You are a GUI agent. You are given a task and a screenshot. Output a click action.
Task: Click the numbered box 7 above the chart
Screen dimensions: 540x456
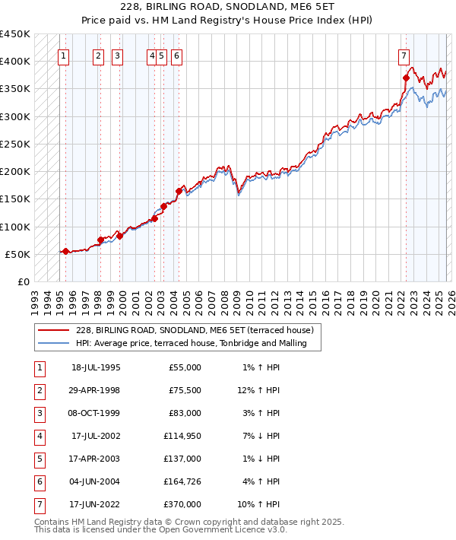[x=403, y=56]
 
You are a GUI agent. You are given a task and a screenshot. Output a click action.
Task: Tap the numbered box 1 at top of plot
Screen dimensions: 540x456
[x=63, y=56]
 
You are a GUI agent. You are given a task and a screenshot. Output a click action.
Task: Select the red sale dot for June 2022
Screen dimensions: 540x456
[x=406, y=78]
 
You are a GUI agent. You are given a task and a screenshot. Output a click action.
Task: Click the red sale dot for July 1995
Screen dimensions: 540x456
[x=66, y=251]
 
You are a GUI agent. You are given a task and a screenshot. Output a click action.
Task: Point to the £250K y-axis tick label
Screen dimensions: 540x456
[x=14, y=144]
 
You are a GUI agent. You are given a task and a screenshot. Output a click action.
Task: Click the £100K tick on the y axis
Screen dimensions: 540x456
[x=14, y=227]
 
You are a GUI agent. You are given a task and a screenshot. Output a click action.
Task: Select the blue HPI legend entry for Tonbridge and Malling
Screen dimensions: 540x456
[x=191, y=343]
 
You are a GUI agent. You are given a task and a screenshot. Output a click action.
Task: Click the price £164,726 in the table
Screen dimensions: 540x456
[x=182, y=481]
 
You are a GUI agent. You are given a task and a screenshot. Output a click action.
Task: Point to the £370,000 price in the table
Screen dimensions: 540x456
[x=182, y=503]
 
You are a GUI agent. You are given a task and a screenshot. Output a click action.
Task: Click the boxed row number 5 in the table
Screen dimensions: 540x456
[x=39, y=458]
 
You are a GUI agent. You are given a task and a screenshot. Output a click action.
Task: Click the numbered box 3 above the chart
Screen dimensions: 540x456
[x=117, y=56]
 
